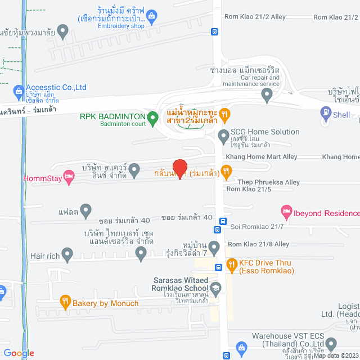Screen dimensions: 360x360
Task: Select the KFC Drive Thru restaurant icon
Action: pyautogui.click(x=231, y=264)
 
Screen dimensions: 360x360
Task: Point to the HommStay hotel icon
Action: pyautogui.click(x=69, y=178)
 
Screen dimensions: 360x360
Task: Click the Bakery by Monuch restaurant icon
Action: pyautogui.click(x=65, y=303)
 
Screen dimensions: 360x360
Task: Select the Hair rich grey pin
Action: pyautogui.click(x=67, y=255)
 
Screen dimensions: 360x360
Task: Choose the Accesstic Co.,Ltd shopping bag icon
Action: pyautogui.click(x=19, y=90)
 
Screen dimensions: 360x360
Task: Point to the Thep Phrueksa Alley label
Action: pyautogui.click(x=268, y=182)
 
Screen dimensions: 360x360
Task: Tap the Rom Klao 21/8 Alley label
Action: pyautogui.click(x=258, y=244)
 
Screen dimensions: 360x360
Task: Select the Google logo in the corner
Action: pyautogui.click(x=19, y=353)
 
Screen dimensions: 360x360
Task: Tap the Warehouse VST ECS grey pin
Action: pyautogui.click(x=331, y=343)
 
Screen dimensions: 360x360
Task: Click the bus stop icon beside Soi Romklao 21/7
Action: pyautogui.click(x=217, y=229)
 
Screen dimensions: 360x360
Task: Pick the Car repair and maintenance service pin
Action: pyautogui.click(x=267, y=96)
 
